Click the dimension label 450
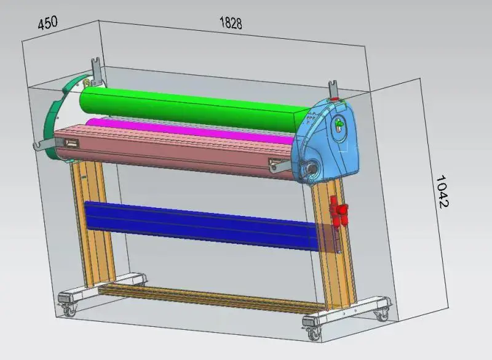click(x=48, y=23)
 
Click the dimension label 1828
click(x=231, y=23)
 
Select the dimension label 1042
click(x=443, y=191)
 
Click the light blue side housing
click(x=327, y=142)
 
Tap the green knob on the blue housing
click(x=339, y=124)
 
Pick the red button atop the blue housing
click(x=334, y=100)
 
